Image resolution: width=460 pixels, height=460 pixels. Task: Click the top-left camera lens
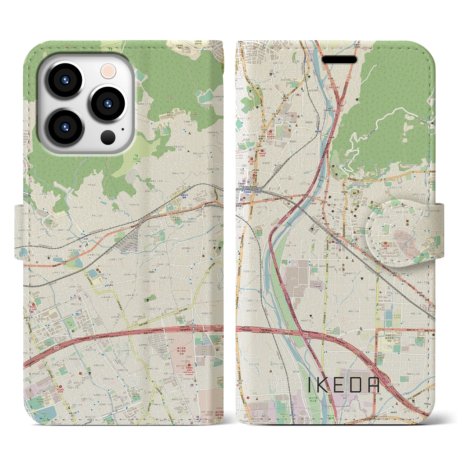pos(66,80)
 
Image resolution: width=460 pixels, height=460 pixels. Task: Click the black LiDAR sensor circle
pos(108,137)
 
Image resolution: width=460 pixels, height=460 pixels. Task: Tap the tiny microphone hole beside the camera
pos(123,129)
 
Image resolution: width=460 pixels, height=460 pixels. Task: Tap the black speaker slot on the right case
pos(339,59)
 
